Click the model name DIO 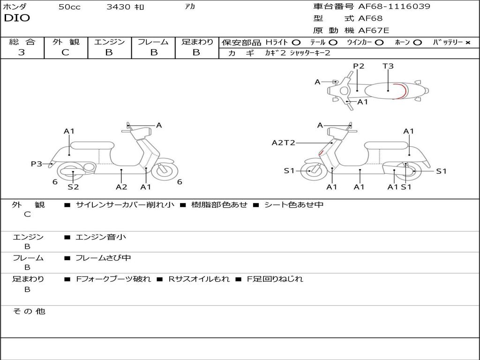coord(17,18)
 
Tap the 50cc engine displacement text coord(69,7)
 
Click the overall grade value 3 coord(22,52)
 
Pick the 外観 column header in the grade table coord(66,42)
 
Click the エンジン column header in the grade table coord(109,42)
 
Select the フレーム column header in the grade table coord(153,42)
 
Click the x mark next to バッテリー coord(468,43)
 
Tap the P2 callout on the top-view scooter coord(359,66)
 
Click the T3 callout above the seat coord(388,66)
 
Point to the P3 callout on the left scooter coord(37,164)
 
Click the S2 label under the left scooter coord(73,187)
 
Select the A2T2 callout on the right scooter coord(284,142)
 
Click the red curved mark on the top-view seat coord(402,90)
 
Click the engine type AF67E coord(374,30)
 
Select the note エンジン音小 coord(101,237)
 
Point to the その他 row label coord(29,311)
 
